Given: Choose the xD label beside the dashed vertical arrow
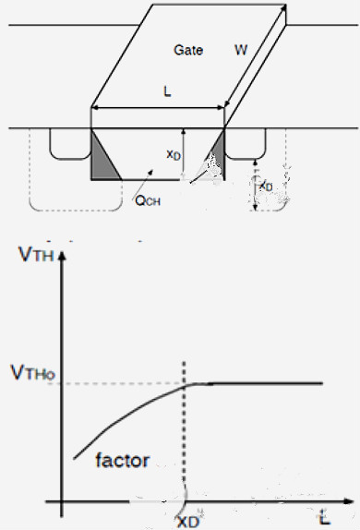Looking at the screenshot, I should pos(265,186).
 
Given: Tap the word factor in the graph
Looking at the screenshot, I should pos(123,459).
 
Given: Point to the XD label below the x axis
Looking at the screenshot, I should pos(190,519).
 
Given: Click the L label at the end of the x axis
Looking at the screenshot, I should pos(324,513).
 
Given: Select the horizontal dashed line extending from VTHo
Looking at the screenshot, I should pos(120,383).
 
